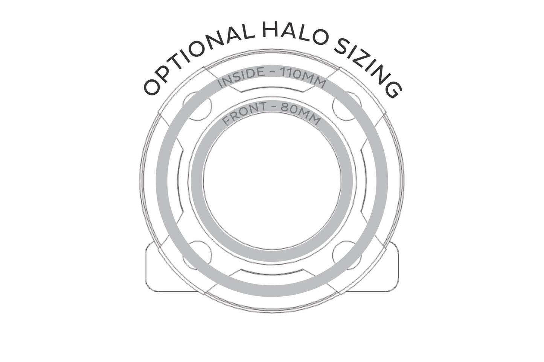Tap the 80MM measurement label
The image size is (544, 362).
(301, 113)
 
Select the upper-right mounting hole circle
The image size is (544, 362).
(347, 106)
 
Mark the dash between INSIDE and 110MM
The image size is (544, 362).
(272, 73)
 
